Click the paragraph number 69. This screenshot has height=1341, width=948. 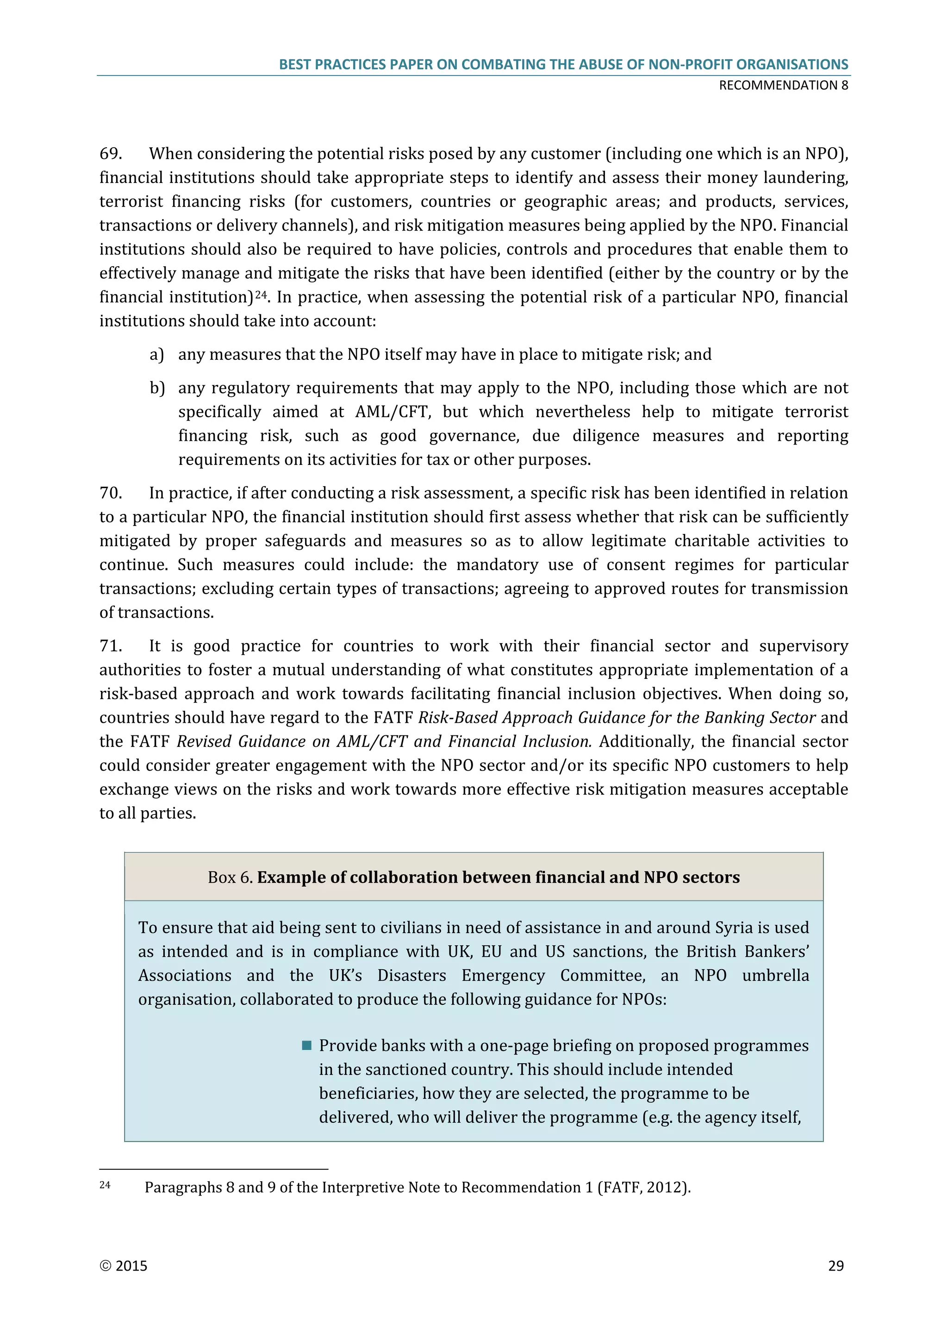click(110, 154)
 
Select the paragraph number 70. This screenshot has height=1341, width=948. click(110, 493)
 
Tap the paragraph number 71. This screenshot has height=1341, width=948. click(110, 646)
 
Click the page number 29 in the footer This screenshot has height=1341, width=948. click(836, 1266)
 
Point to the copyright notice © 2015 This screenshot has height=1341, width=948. click(123, 1266)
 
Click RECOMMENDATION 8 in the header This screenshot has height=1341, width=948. click(783, 85)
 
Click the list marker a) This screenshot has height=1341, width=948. click(156, 355)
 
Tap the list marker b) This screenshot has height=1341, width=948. click(157, 388)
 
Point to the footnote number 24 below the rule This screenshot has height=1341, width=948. click(105, 1184)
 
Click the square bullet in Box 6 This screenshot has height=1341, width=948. click(306, 1046)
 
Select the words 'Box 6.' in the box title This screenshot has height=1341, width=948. click(230, 877)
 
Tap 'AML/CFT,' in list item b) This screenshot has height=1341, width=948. click(393, 412)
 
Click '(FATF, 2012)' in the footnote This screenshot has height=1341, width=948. click(644, 1187)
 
